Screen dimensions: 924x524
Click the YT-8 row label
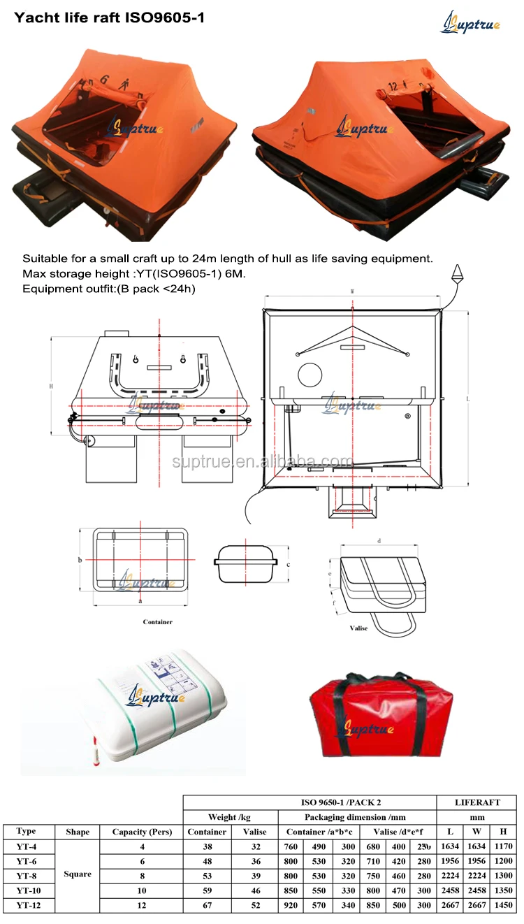pos(27,876)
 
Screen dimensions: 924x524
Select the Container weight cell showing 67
pos(207,905)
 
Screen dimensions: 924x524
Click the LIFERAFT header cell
pos(476,802)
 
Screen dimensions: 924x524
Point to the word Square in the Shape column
pos(78,874)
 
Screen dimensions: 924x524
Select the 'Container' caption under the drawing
pos(157,621)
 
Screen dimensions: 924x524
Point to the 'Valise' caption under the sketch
pos(358,628)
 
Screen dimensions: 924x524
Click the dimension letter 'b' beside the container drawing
pos(80,560)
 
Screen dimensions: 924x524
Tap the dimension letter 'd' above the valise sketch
pos(379,540)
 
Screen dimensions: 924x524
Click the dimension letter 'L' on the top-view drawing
pos(467,398)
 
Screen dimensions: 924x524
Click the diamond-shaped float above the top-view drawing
pos(458,272)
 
